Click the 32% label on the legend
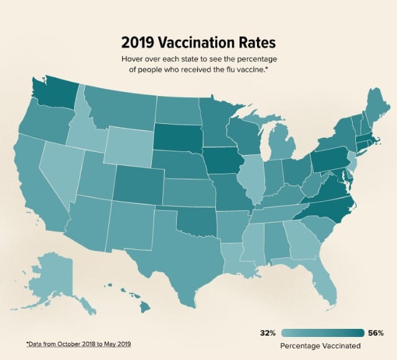point(268,333)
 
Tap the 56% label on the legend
point(376,333)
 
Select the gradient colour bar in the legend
point(322,333)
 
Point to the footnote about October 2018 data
point(78,344)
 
